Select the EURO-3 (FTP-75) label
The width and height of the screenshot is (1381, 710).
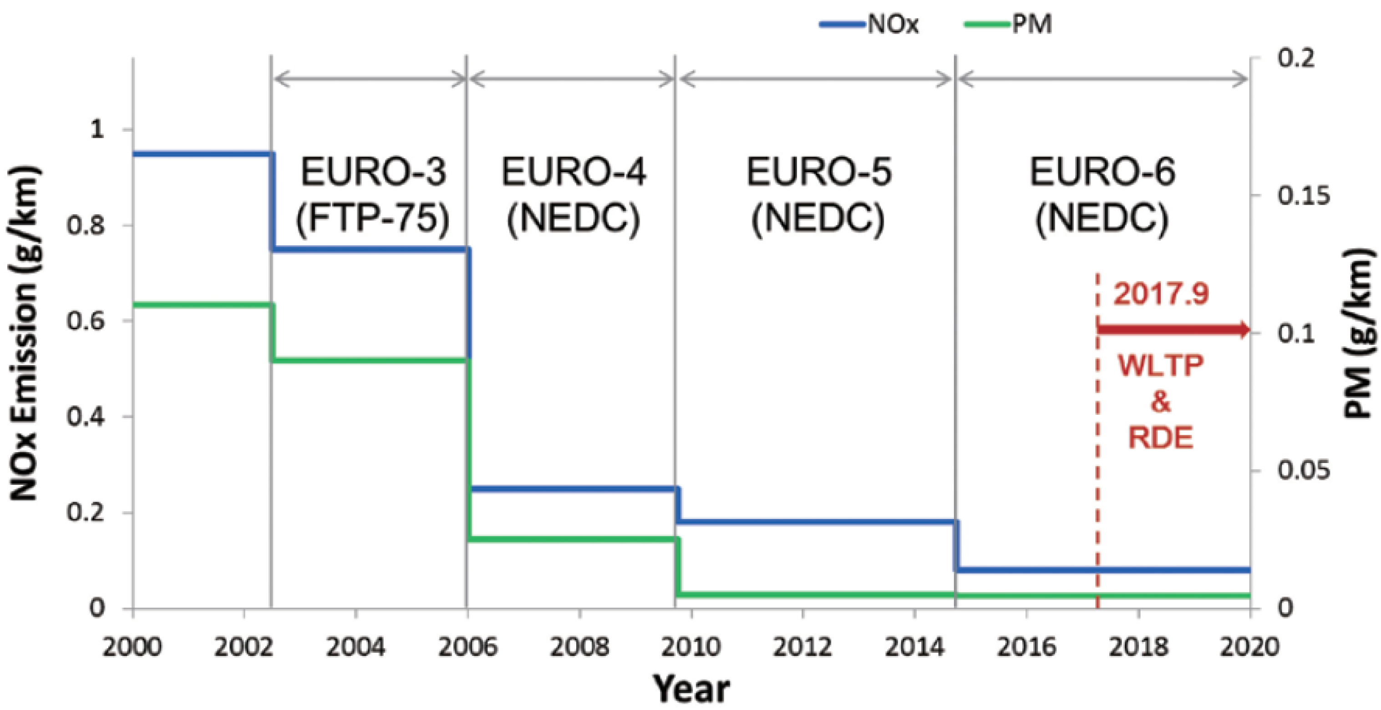tap(373, 195)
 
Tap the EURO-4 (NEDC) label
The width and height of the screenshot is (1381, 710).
tap(574, 195)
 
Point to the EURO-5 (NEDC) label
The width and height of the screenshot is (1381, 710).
tap(818, 195)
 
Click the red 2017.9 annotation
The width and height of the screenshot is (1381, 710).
tap(1161, 294)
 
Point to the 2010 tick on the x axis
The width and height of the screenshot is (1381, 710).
tap(690, 647)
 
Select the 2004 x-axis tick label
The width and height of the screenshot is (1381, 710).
tap(355, 647)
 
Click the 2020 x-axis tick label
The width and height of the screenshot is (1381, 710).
tap(1249, 647)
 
